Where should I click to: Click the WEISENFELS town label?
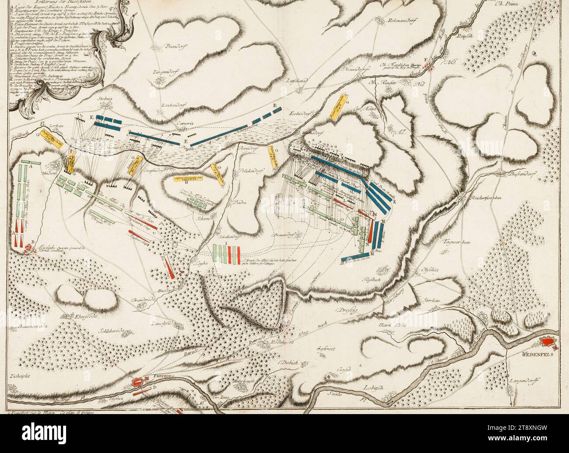(x=536, y=355)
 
